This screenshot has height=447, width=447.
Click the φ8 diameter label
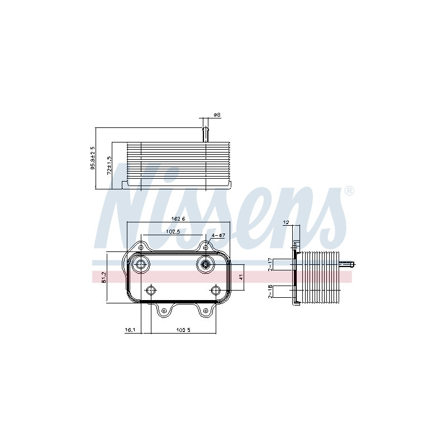coord(217,115)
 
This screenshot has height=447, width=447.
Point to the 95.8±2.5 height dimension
coord(93,158)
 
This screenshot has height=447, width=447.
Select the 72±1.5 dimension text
coord(109,165)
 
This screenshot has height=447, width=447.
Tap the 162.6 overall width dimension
coord(178,218)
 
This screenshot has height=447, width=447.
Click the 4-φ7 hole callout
coord(218,235)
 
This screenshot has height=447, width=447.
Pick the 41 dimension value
coord(241,277)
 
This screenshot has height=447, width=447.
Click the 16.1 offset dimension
coord(130,330)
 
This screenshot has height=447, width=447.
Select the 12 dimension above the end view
coord(287,222)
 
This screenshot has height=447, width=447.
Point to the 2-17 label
coord(270,264)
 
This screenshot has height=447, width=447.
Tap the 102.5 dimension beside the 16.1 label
coord(183,330)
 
